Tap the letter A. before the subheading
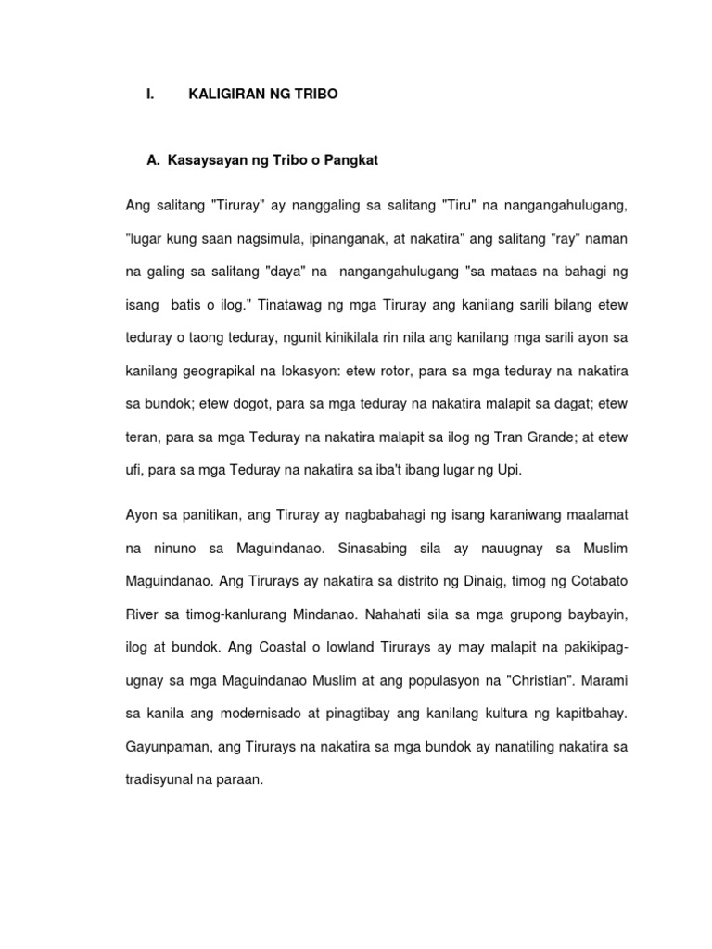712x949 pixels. (154, 160)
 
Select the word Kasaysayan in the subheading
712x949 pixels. (205, 160)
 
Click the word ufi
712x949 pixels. (134, 469)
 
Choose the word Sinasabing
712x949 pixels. (371, 548)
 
